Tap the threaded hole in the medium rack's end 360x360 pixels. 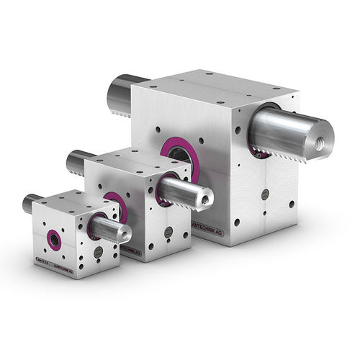(x=208, y=195)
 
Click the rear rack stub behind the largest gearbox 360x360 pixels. (x=120, y=91)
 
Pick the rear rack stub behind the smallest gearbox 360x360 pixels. (x=30, y=204)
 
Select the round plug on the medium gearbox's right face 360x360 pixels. (x=168, y=232)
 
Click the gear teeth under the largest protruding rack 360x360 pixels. (x=264, y=153)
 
